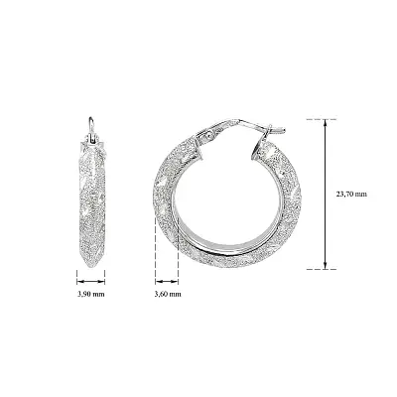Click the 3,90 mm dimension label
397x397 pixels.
pyautogui.click(x=91, y=295)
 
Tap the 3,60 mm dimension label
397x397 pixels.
pyautogui.click(x=168, y=295)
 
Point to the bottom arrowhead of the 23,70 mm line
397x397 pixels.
pyautogui.click(x=327, y=265)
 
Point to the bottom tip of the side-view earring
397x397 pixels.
pyautogui.click(x=90, y=266)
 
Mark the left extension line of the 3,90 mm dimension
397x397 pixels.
pyautogui.click(x=78, y=270)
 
